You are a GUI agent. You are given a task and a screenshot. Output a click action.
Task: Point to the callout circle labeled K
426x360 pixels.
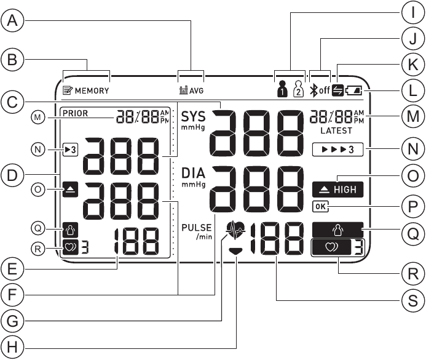click(414, 64)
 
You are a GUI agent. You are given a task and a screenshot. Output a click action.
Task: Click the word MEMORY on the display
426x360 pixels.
click(92, 90)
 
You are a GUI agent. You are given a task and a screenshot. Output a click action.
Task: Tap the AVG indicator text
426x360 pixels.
click(196, 90)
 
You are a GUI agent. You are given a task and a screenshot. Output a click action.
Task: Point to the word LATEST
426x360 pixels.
click(336, 131)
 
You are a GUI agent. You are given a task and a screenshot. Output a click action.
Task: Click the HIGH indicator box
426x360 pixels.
click(337, 190)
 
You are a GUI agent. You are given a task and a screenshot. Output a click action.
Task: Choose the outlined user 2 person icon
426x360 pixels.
click(298, 87)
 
